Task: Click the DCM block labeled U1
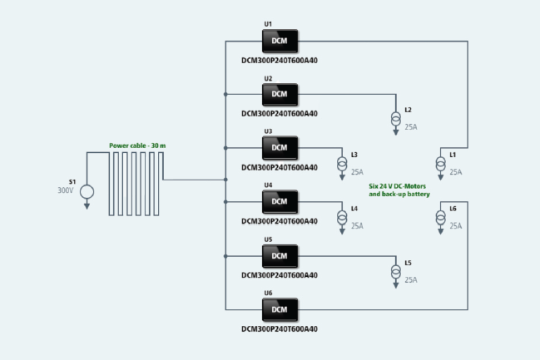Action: pos(280,41)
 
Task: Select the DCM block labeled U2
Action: pos(280,94)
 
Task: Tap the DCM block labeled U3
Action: pos(280,148)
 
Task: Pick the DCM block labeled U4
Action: pos(280,202)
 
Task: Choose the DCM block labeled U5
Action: pos(280,256)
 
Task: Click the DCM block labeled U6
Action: pos(280,310)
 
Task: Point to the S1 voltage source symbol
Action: pos(87,192)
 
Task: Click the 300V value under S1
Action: pos(65,190)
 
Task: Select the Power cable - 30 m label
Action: pos(137,145)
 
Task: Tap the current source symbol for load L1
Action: pos(441,164)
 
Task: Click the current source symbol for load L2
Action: pos(395,118)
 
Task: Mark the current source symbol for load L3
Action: pos(342,163)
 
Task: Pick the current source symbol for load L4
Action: pos(342,216)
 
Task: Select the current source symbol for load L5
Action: pos(395,271)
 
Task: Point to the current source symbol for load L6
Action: pos(441,217)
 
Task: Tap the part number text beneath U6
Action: pos(279,329)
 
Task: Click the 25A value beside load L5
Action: pos(411,280)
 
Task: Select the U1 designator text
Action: pos(268,24)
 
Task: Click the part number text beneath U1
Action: pos(279,60)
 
